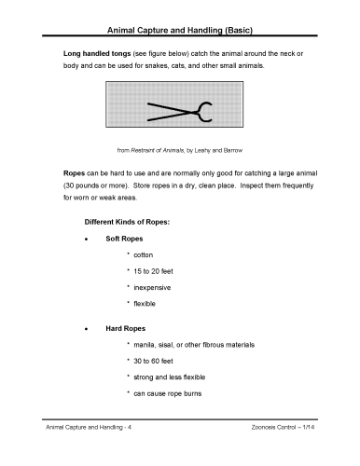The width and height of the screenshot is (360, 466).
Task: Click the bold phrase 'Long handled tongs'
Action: coord(91,56)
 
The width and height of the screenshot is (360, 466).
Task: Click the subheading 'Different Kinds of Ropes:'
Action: coord(130,224)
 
